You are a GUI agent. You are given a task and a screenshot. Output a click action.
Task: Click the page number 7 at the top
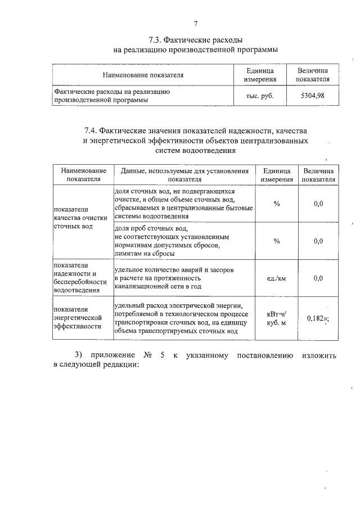[x=196, y=24]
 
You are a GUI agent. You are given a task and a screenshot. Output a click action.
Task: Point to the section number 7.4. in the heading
[x=94, y=130]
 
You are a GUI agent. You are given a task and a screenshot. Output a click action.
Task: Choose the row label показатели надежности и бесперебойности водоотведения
[x=79, y=278]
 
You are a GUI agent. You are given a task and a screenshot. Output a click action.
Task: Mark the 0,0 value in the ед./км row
[x=318, y=278]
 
